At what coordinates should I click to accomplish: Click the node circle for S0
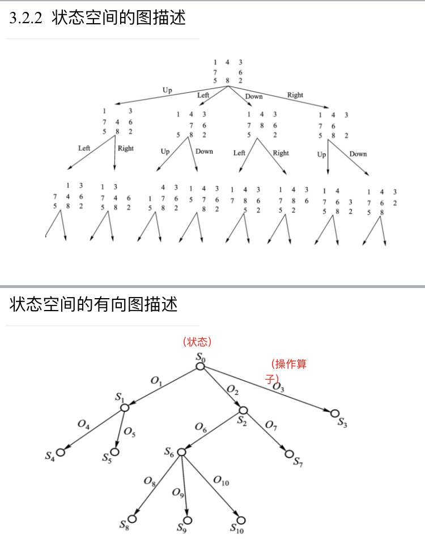(200, 367)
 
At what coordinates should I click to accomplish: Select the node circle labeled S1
(124, 407)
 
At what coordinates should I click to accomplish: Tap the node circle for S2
(244, 410)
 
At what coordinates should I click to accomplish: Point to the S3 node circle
(335, 413)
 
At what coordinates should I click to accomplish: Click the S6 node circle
(181, 452)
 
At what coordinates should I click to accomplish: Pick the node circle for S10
(241, 520)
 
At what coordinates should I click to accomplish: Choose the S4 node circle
(60, 451)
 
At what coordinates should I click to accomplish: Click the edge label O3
(278, 387)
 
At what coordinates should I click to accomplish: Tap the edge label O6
(201, 427)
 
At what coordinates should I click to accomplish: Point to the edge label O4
(83, 424)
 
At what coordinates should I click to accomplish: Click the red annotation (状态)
(197, 342)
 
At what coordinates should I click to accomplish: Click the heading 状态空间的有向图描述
(93, 304)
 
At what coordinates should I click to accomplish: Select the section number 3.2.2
(26, 18)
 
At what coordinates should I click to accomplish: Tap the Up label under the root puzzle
(167, 90)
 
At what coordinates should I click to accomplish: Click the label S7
(298, 462)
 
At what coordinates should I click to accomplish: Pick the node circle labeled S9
(188, 520)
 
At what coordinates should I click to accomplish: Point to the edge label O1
(156, 381)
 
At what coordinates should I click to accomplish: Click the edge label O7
(271, 424)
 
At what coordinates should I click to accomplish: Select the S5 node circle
(115, 451)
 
